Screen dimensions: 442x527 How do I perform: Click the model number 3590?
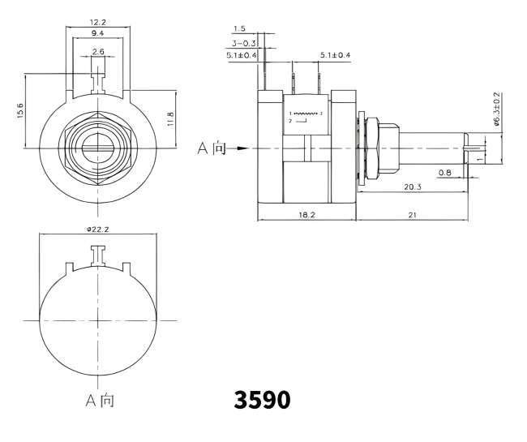[x=261, y=400]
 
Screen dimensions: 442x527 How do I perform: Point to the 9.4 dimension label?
[x=97, y=34]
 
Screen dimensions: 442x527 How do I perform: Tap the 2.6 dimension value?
[x=97, y=51]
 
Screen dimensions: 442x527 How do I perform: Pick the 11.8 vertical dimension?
[x=170, y=118]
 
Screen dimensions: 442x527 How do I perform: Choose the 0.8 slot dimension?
[x=444, y=172]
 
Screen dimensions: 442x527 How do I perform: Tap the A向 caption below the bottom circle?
[x=99, y=401]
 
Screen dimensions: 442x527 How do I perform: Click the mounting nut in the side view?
[x=376, y=148]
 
